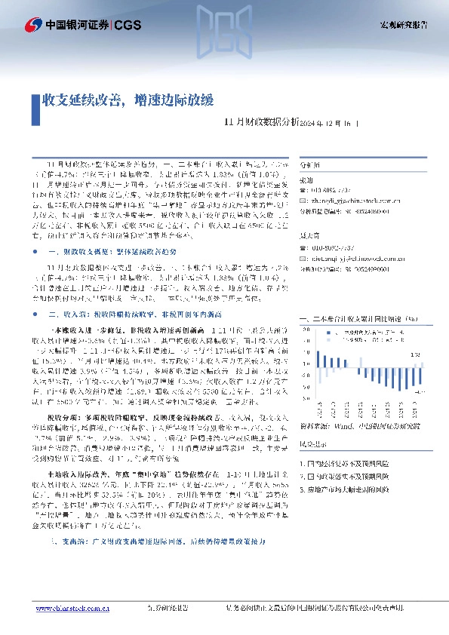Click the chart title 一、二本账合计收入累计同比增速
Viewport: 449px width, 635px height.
click(359, 319)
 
